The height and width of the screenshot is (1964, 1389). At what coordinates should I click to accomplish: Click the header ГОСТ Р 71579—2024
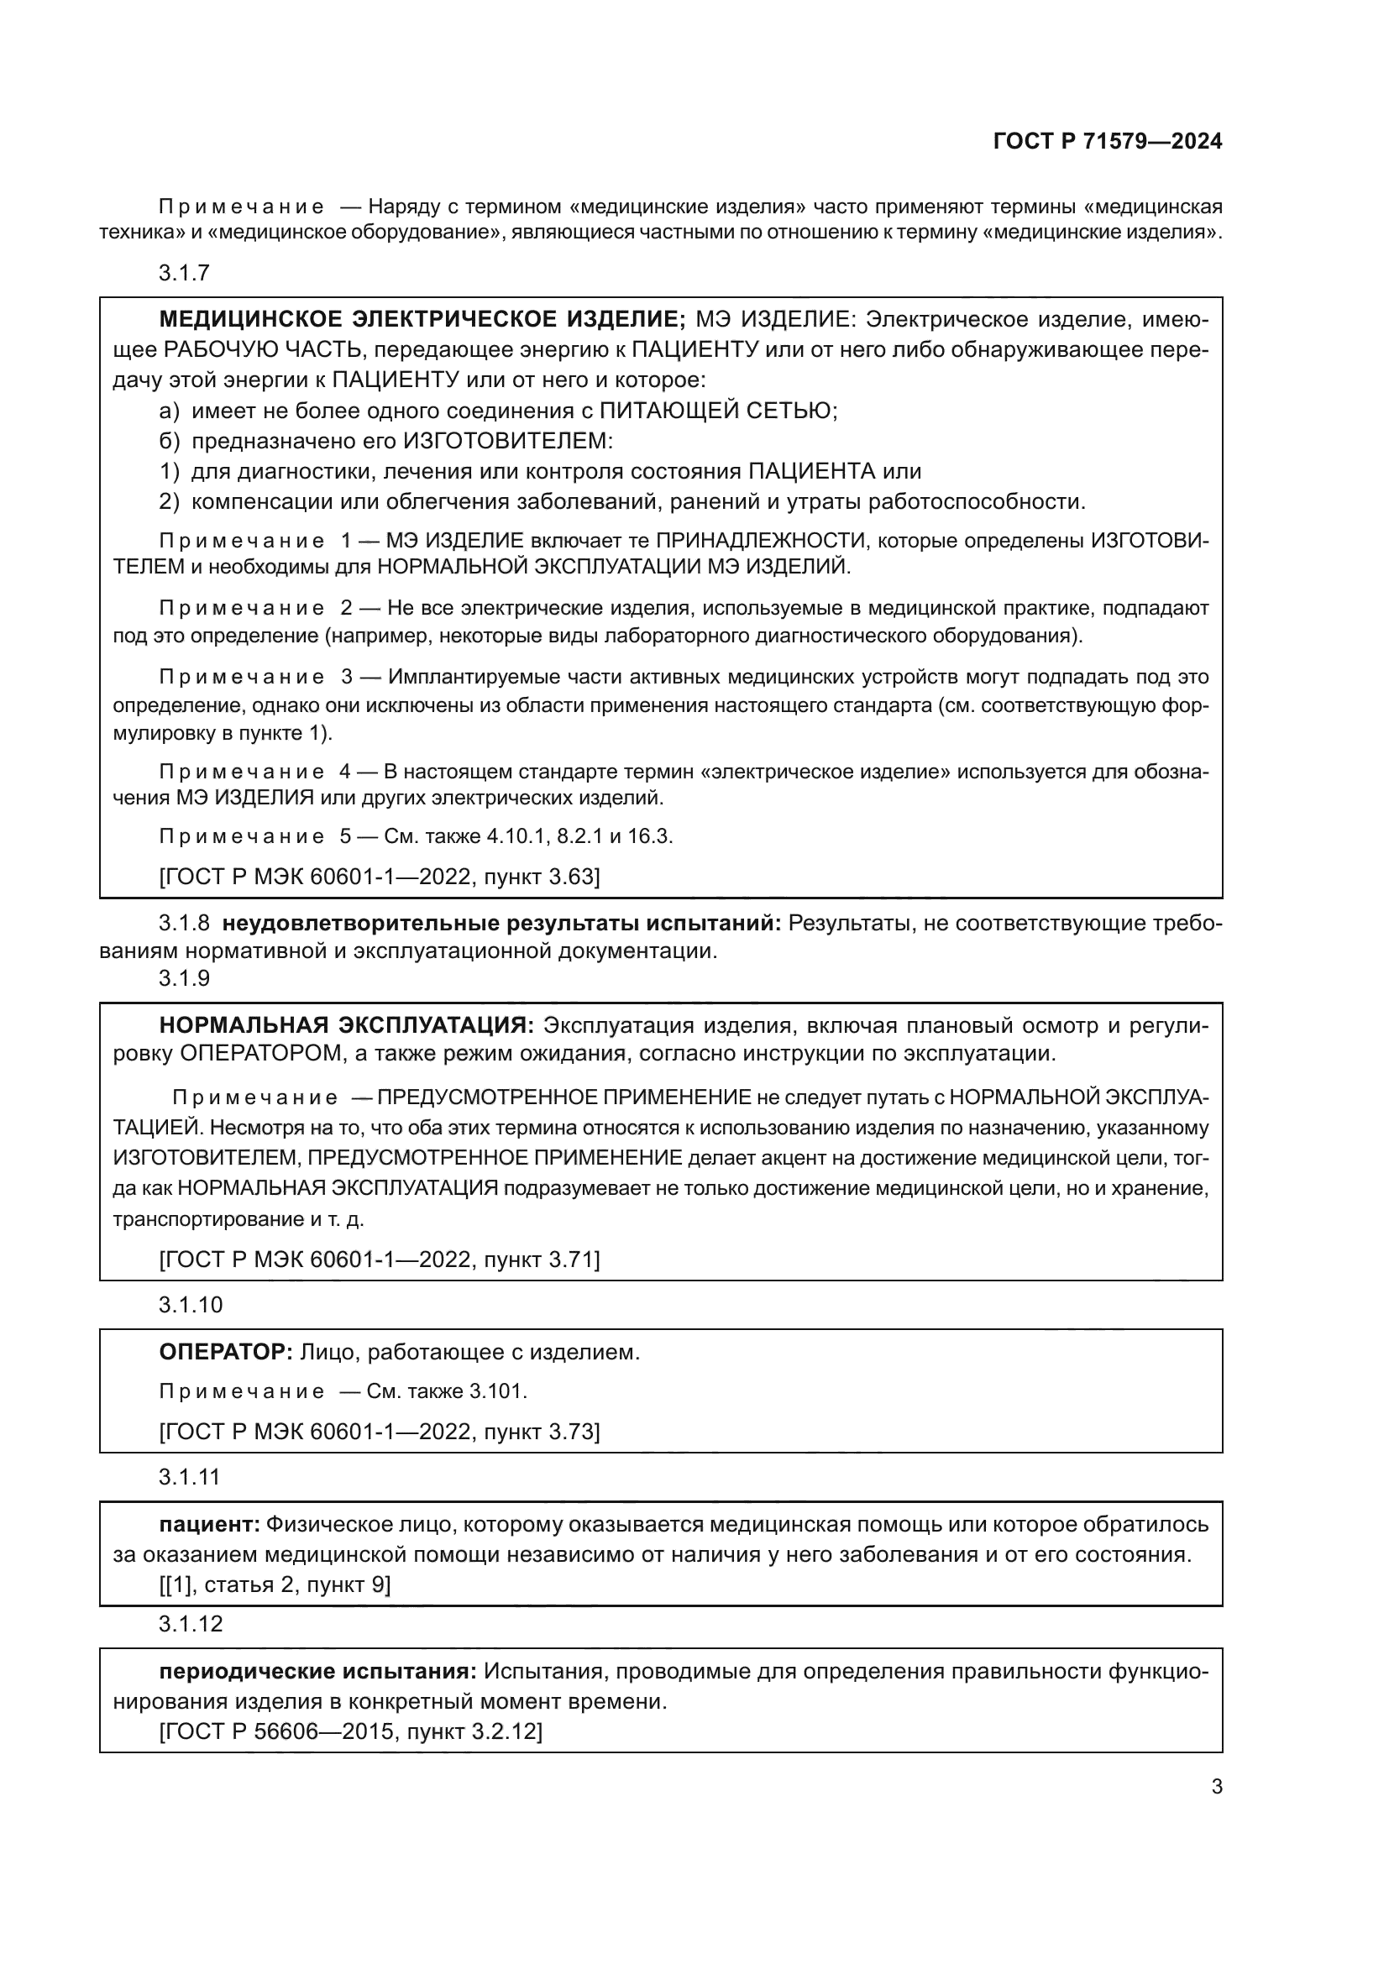coord(1108,142)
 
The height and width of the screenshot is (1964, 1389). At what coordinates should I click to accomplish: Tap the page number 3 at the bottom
coord(1216,1787)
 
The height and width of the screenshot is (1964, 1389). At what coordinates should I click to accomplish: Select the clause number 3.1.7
coord(184,273)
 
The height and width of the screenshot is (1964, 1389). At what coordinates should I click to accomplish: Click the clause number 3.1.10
coord(190,1305)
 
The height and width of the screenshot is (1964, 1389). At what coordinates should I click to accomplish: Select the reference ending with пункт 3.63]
coord(380,877)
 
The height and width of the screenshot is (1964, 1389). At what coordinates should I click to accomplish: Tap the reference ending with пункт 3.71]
coord(380,1260)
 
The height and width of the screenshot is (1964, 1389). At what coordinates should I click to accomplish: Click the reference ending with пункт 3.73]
coord(380,1432)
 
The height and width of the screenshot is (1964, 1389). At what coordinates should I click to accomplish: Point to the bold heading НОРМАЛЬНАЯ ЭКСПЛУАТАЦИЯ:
coord(346,1024)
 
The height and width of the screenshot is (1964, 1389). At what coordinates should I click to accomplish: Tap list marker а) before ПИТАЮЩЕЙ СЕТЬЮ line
coord(170,411)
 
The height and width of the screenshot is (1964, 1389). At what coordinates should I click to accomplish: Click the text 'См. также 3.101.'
coord(447,1391)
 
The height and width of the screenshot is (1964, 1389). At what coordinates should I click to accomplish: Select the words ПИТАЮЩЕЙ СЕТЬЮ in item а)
coord(716,411)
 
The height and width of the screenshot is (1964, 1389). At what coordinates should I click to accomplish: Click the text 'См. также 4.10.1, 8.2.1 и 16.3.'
coord(527,836)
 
